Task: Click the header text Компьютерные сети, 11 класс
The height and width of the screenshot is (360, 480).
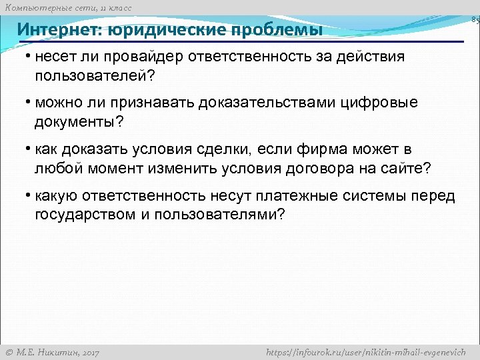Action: coord(69,7)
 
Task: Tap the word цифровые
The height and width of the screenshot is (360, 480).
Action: coord(385,103)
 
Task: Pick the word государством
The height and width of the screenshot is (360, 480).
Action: coord(83,215)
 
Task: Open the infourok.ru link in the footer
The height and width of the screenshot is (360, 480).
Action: coord(365,352)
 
